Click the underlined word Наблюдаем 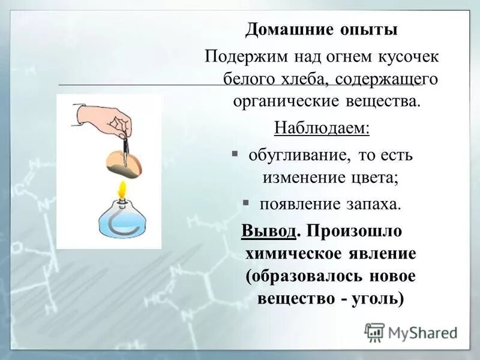(x=322, y=128)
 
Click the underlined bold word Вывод (x=269, y=231)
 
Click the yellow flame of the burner (x=122, y=190)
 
